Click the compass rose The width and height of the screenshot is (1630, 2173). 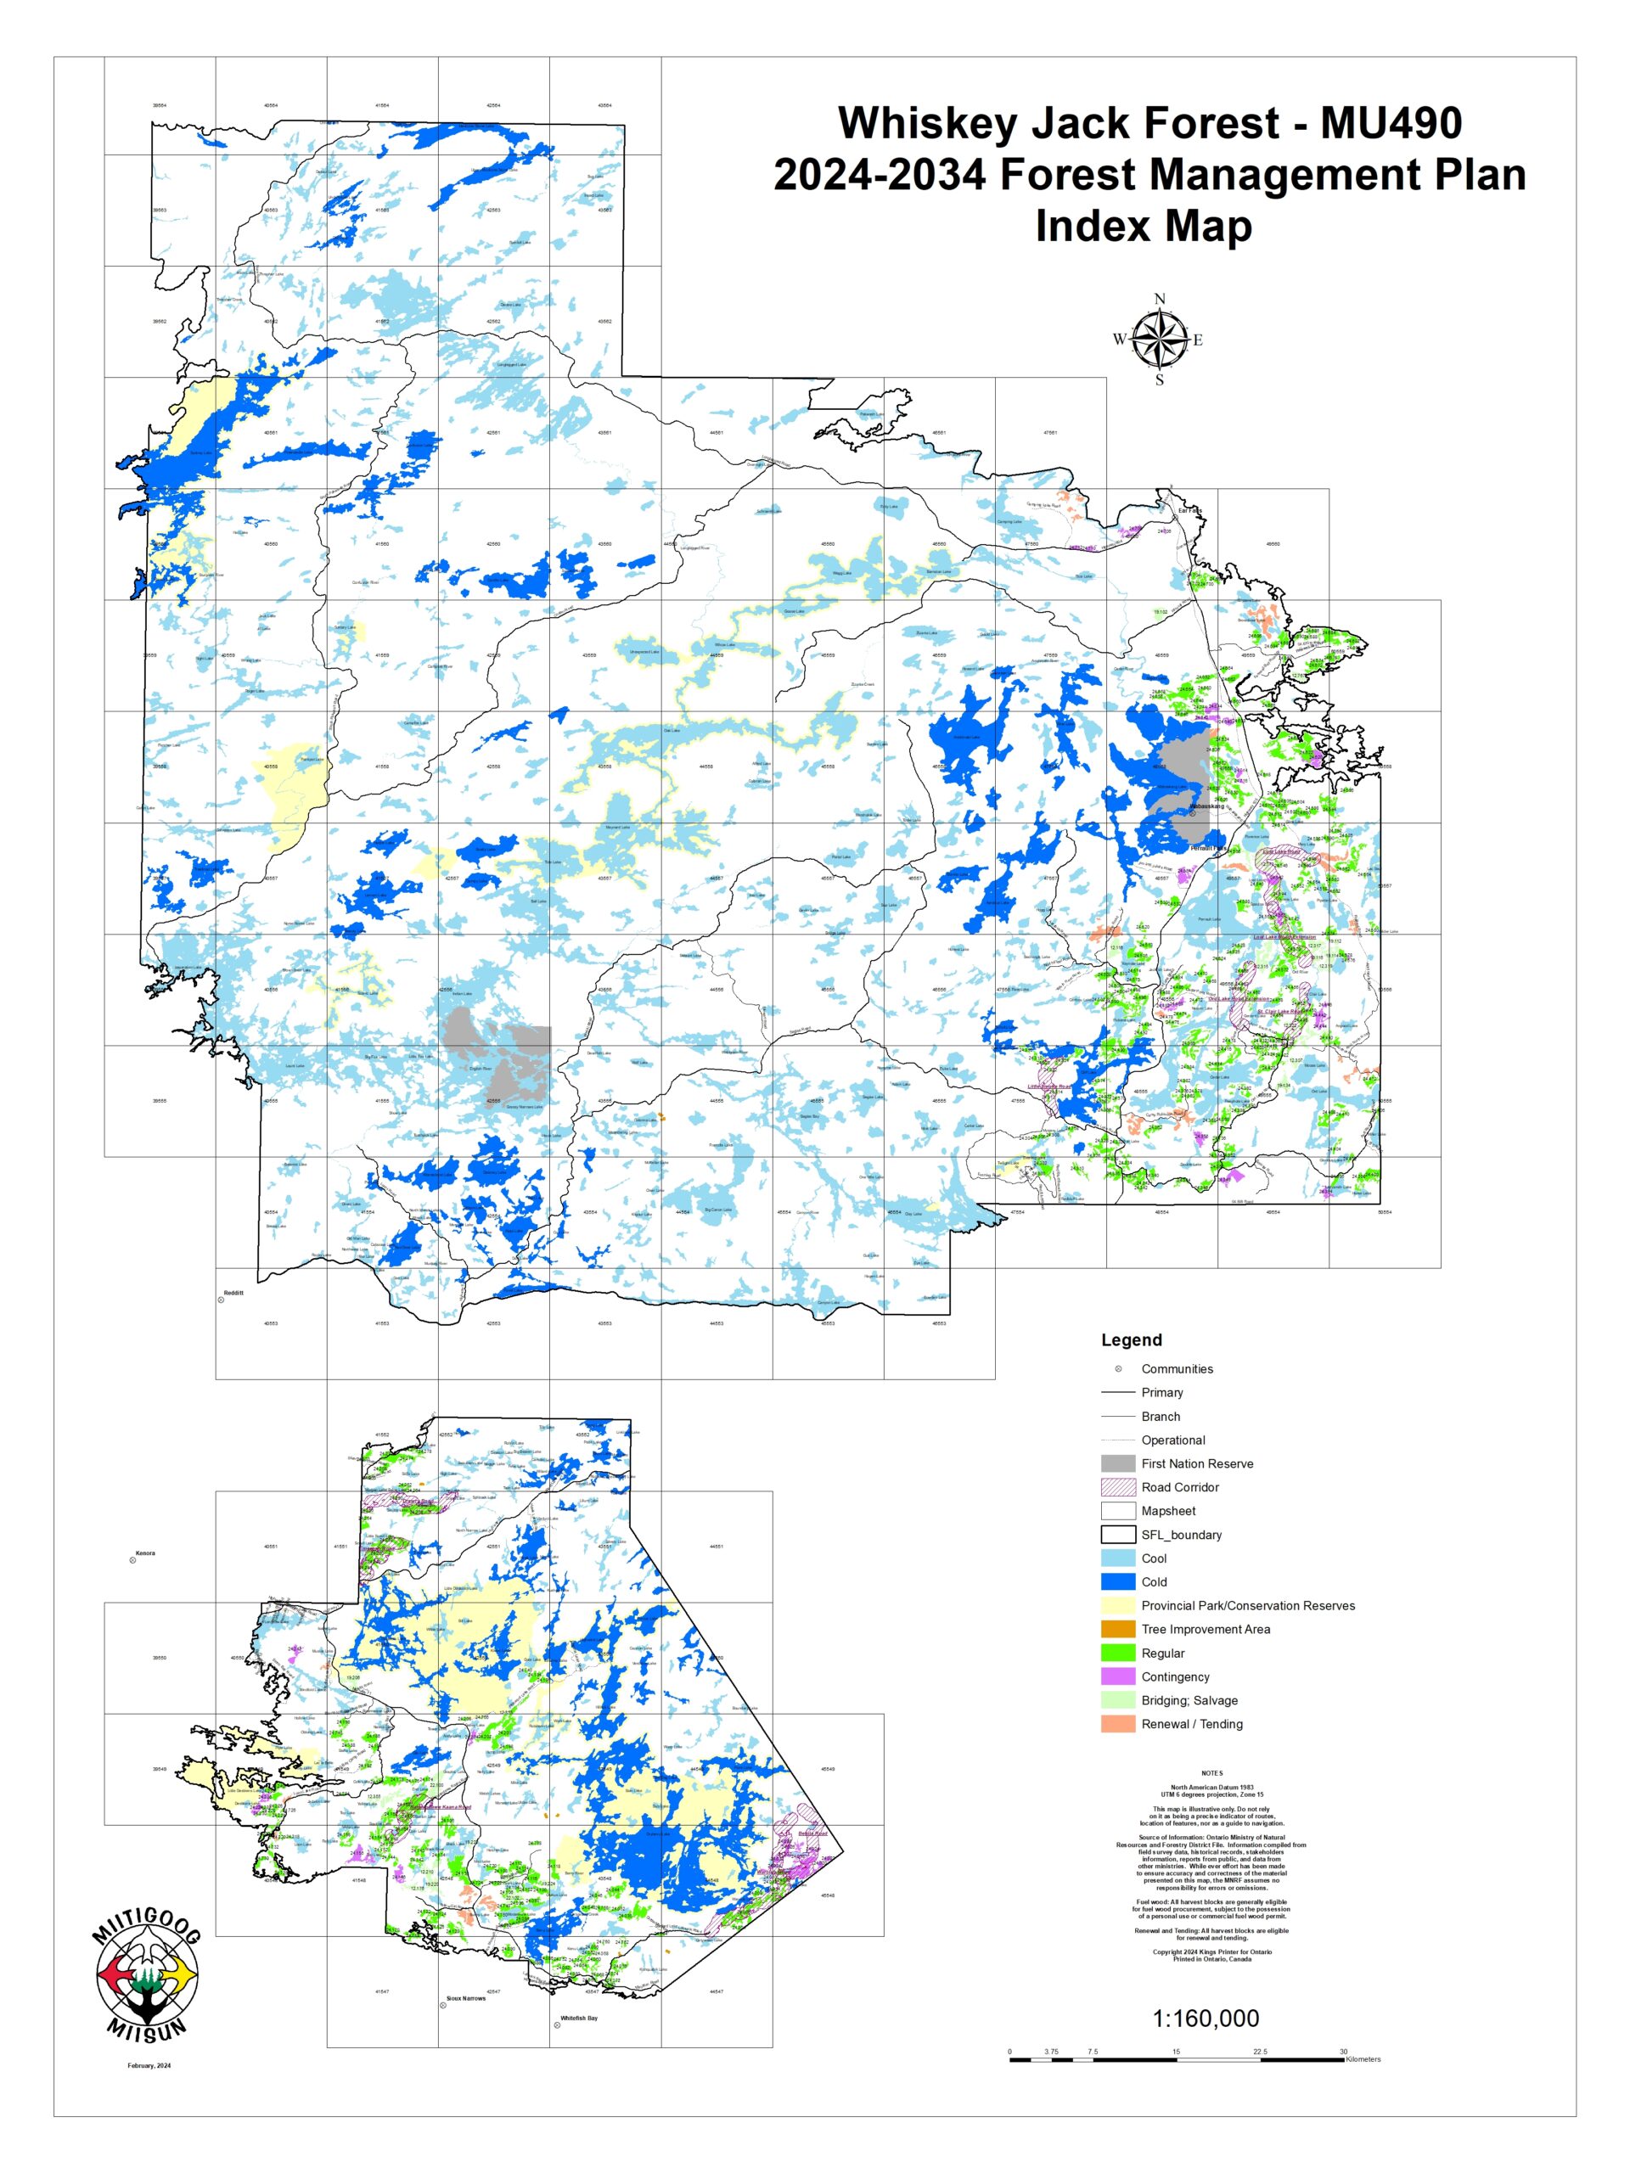point(1160,340)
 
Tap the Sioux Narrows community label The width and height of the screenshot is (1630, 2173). point(467,1998)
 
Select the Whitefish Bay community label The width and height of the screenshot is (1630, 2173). point(579,2018)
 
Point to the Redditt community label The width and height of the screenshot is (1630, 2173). point(233,1293)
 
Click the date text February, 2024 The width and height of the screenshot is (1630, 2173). point(149,2066)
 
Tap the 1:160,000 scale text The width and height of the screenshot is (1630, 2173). point(1206,2018)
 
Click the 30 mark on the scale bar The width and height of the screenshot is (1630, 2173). point(1343,2051)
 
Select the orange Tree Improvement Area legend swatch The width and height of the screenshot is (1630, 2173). point(1118,1629)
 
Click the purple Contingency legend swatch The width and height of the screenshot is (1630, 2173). point(1118,1676)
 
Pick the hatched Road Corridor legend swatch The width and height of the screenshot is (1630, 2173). point(1118,1487)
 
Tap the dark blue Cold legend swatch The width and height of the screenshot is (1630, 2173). point(1118,1581)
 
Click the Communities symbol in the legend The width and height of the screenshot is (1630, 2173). point(1118,1368)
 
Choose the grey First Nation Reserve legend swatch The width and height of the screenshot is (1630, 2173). point(1118,1463)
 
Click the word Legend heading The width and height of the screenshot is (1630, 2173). point(1131,1340)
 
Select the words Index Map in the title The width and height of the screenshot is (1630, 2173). point(1144,226)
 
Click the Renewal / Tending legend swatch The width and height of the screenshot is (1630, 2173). point(1118,1723)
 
